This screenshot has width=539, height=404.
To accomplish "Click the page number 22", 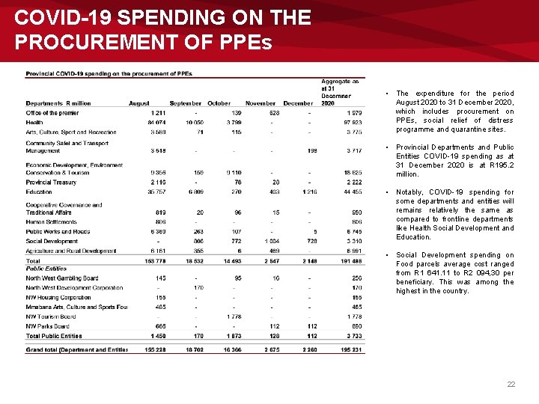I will [511, 384].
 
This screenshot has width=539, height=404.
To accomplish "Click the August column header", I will [139, 103].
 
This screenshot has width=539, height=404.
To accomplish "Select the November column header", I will [261, 103].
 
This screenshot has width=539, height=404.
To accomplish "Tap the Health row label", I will [34, 123].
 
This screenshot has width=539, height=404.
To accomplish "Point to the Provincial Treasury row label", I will [51, 182].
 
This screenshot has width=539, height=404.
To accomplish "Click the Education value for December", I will [309, 192].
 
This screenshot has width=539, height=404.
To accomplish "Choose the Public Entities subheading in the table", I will [46, 269].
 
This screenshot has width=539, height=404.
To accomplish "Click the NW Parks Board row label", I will [49, 326].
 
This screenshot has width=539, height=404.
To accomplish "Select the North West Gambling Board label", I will [61, 278].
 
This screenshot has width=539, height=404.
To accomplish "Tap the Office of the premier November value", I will [274, 113].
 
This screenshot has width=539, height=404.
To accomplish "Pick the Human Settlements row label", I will [52, 221].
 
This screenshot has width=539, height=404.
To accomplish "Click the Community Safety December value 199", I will [311, 150].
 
